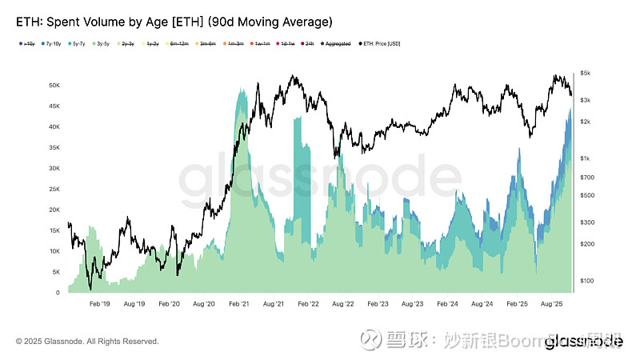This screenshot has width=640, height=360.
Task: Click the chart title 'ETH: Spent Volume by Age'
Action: pyautogui.click(x=104, y=21)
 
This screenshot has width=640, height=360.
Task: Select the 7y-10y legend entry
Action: pyautogui.click(x=56, y=43)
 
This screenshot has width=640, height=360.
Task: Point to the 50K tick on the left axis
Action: pyautogui.click(x=54, y=85)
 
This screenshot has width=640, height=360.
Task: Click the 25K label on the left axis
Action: pyautogui.click(x=54, y=189)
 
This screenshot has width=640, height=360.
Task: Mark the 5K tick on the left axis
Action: pyautogui.click(x=57, y=272)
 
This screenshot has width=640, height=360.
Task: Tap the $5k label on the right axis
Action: pyautogui.click(x=586, y=74)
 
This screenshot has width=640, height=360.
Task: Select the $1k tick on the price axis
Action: pyautogui.click(x=586, y=158)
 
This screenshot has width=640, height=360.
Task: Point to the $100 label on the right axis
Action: pyautogui.click(x=586, y=281)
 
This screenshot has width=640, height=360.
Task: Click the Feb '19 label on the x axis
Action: pyautogui.click(x=100, y=305)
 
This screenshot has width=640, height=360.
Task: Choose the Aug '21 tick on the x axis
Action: pyautogui.click(x=274, y=305)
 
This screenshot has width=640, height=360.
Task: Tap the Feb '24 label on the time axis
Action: pyautogui.click(x=447, y=305)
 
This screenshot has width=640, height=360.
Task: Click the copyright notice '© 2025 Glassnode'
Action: pyautogui.click(x=87, y=342)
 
